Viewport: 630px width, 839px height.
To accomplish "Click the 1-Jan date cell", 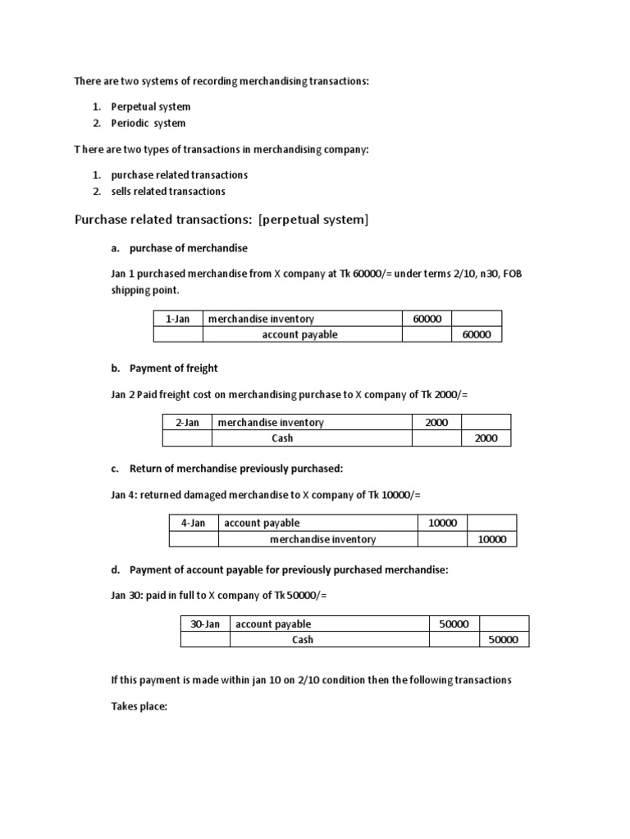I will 178,319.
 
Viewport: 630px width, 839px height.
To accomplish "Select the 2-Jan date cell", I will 187,423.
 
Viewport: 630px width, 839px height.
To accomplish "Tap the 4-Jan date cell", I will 194,523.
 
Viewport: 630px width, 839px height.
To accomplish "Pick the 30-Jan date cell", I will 205,624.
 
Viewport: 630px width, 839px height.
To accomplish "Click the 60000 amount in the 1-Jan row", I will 427,319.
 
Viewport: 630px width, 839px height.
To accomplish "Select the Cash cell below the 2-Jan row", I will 283,438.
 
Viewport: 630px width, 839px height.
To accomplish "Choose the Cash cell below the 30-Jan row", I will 303,640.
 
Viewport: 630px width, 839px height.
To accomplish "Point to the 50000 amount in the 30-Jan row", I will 454,624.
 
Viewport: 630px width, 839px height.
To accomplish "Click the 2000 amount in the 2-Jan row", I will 436,423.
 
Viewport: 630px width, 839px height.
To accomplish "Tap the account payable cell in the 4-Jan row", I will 262,523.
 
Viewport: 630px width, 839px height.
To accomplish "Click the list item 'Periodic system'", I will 148,123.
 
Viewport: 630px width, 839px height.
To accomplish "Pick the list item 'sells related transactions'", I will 168,191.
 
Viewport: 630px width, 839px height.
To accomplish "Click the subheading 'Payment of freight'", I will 174,369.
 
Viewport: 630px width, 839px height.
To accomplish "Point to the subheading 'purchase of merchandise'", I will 189,247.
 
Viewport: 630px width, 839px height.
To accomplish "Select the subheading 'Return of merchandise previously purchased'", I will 236,469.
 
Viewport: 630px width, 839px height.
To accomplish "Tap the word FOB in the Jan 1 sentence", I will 512,273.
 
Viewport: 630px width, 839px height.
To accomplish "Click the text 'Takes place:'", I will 139,705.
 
